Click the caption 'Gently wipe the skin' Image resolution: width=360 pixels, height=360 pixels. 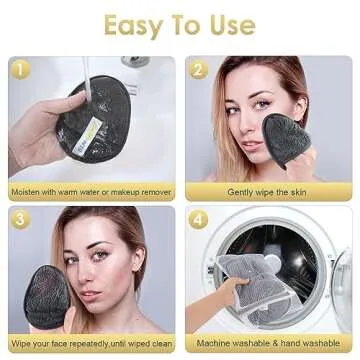coord(270,191)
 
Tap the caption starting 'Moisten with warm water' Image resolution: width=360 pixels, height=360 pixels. coord(91,191)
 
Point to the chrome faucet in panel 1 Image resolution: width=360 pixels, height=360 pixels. coord(135,62)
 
